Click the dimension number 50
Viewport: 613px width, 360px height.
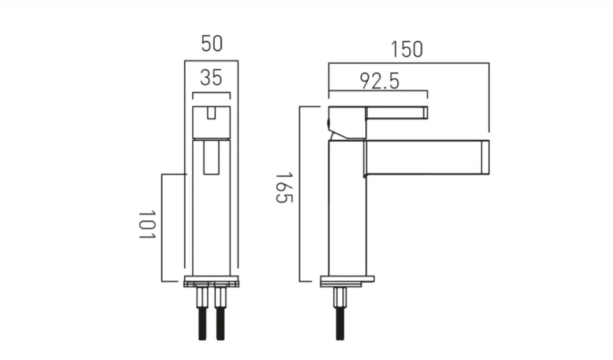coord(211,44)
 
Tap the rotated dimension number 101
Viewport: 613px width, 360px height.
coord(147,225)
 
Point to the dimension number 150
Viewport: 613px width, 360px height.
coord(407,49)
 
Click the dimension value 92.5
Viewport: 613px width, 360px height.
coord(379,81)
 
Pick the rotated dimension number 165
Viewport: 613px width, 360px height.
coord(284,188)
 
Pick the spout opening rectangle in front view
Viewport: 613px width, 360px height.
coord(211,158)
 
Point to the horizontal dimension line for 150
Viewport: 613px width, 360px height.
coord(409,63)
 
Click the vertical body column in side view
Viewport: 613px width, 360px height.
coord(347,211)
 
